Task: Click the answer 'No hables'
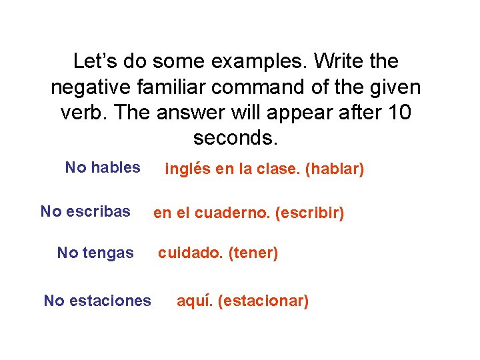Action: pos(103,167)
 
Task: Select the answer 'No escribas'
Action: pos(85,212)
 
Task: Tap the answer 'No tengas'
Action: pos(95,253)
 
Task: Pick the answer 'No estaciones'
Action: pos(97,301)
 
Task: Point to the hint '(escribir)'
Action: pos(309,214)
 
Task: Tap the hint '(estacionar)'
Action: pos(263,301)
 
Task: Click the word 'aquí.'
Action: pos(195,301)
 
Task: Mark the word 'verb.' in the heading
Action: pos(83,113)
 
